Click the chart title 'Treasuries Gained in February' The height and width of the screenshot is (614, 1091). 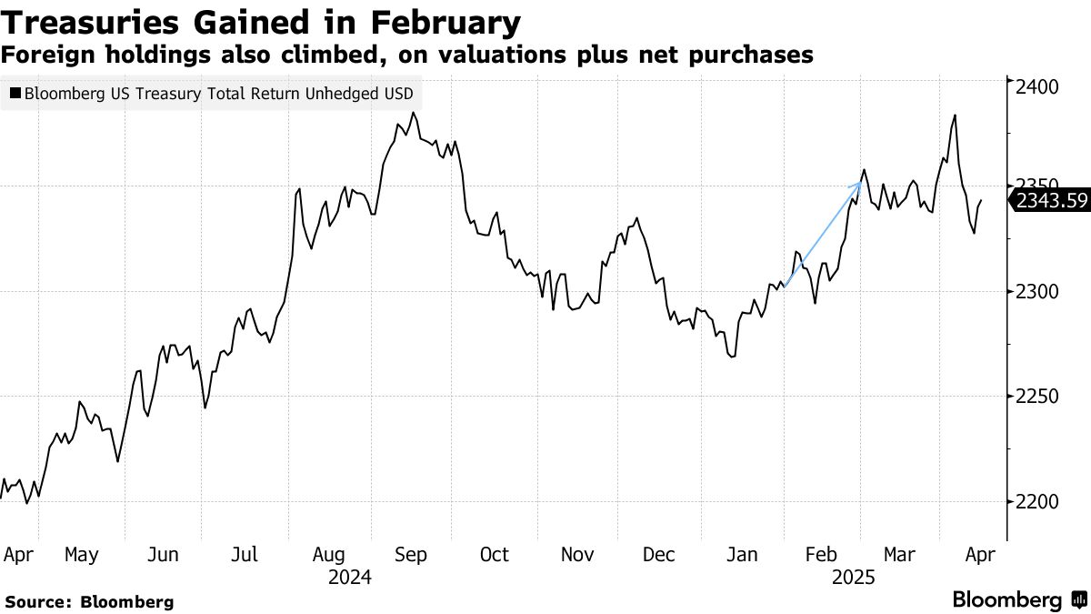(262, 22)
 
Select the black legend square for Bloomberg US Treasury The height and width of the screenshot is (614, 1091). (15, 94)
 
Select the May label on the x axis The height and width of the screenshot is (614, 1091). (83, 555)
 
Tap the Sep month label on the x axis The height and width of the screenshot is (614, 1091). (410, 555)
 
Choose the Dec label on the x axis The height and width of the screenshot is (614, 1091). (658, 555)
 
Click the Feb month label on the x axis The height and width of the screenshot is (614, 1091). (822, 555)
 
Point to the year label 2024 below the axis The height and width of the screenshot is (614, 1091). (351, 577)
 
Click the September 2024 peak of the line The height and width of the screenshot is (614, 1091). (414, 113)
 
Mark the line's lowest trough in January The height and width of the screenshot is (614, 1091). (731, 357)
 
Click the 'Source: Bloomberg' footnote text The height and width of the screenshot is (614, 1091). (89, 601)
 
